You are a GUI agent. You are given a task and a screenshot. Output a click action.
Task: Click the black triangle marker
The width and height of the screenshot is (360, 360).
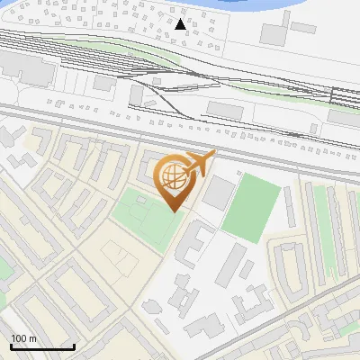(182, 24)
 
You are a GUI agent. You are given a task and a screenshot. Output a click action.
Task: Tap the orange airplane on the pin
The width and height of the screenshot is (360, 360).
(199, 165)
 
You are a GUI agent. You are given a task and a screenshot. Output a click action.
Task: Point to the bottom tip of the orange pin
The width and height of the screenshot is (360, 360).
(174, 212)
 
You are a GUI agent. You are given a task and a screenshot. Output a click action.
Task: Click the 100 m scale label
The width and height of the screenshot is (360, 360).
(23, 338)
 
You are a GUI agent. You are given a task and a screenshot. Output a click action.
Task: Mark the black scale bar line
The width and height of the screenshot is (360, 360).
(41, 346)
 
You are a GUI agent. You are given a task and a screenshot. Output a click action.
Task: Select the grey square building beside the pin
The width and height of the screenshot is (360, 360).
(217, 193)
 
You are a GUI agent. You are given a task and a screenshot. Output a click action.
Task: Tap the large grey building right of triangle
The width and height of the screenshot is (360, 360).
(275, 34)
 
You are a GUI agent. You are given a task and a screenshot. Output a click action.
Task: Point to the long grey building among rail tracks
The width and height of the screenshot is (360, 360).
(226, 109)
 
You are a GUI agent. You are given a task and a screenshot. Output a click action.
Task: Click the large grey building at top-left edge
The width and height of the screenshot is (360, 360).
(22, 66)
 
